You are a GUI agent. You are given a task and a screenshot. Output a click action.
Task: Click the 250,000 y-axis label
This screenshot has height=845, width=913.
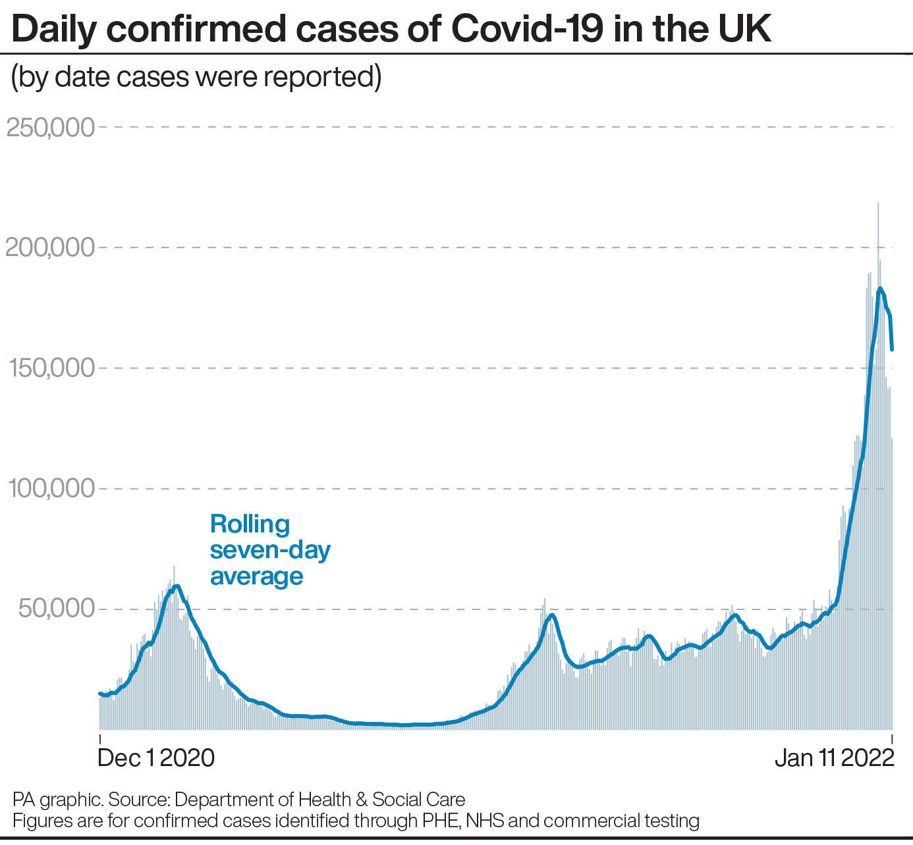51,128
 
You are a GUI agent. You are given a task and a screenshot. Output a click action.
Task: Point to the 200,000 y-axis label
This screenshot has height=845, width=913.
51,248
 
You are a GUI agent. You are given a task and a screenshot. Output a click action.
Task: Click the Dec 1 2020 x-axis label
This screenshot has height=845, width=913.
156,758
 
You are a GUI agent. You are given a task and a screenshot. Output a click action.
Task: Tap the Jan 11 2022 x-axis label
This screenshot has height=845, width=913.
834,758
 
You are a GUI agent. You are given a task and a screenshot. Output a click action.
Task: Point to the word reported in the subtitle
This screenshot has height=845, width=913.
322,77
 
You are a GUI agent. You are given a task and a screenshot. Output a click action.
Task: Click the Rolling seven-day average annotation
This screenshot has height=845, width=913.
269,550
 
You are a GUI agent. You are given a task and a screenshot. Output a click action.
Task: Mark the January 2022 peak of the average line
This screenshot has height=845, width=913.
880,288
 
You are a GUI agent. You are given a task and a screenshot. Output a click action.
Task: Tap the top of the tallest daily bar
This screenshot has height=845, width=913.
878,203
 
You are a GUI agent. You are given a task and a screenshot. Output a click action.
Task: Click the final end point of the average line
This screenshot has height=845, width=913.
892,349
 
